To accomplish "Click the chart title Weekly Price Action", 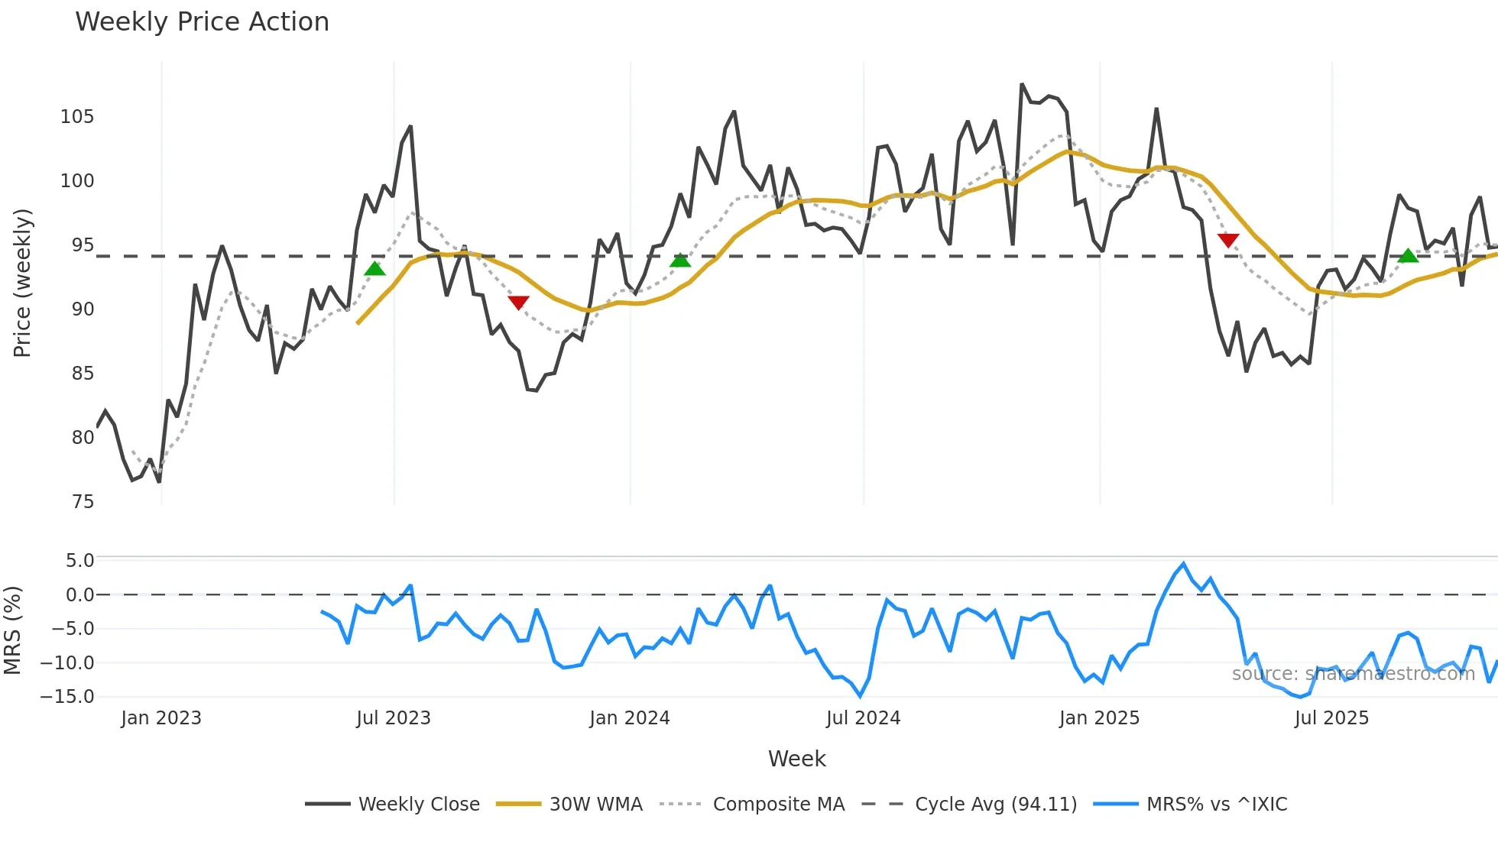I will pos(202,21).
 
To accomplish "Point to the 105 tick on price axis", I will pos(77,117).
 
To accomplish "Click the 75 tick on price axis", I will pos(83,502).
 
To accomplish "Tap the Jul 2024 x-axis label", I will pos(863,718).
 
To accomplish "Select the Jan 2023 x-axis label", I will pos(161,718).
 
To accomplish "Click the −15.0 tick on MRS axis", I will pos(67,697).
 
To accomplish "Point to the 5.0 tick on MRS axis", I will pos(79,561).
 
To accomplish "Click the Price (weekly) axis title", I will pos(22,283).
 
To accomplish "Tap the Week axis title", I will pos(796,759).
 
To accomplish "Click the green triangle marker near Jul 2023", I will pos(374,268).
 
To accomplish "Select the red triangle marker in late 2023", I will pos(518,303).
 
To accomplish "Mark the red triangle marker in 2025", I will pos(1228,240).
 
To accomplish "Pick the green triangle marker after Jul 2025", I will pos(1408,255).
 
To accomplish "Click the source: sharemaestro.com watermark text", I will pos(1353,674).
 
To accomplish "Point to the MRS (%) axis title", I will pos(12,630).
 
